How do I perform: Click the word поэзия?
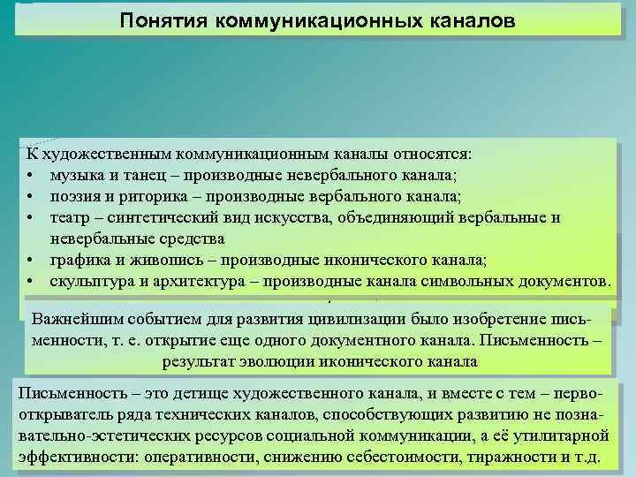(76, 195)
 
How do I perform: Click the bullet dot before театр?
(30, 217)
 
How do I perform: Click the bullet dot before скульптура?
(30, 282)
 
